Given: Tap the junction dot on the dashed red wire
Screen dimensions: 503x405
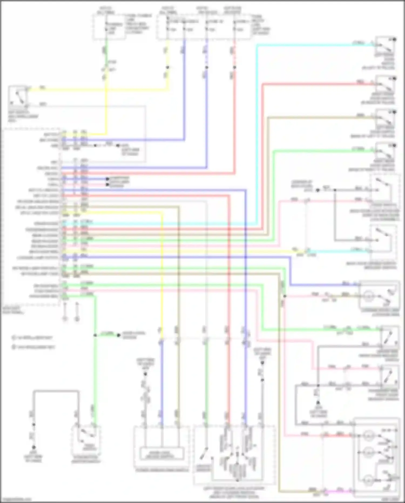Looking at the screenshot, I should tap(234, 67).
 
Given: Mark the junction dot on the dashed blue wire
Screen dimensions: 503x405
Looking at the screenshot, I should tap(207, 67).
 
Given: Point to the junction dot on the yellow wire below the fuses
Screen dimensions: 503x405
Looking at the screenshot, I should tap(167, 67).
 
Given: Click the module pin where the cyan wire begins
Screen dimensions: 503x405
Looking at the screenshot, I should tap(64, 224).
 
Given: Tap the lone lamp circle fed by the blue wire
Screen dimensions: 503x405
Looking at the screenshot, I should tap(369, 296).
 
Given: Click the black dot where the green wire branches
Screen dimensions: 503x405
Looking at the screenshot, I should tap(95, 335).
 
